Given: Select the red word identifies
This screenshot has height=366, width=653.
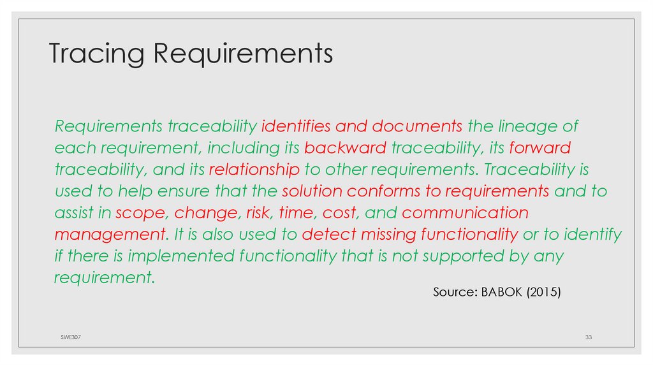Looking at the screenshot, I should tap(296, 126).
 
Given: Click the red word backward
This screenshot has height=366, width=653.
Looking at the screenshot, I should tap(345, 148).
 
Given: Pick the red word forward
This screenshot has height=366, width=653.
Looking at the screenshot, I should tap(539, 148).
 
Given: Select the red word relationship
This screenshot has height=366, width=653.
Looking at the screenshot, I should tap(254, 170).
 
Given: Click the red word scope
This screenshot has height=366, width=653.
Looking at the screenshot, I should tap(140, 213).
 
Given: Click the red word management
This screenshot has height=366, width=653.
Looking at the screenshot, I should tap(108, 235).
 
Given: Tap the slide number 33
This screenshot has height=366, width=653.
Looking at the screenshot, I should tap(589, 336).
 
